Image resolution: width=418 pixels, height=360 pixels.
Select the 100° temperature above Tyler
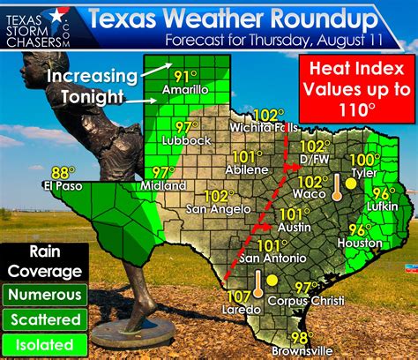pos(364,159)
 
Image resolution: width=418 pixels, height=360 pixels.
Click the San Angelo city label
pos(215,208)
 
